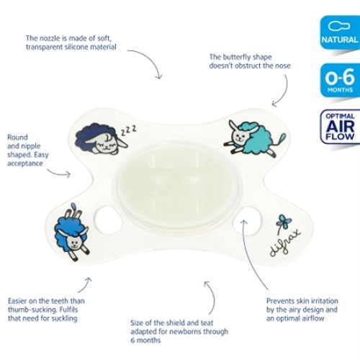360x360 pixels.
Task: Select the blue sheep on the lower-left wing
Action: [x=71, y=233]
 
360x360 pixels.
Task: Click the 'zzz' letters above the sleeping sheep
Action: [x=129, y=130]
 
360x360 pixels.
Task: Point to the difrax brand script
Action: [x=285, y=243]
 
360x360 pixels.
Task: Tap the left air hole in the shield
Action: [x=108, y=220]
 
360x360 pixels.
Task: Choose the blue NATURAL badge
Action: [x=340, y=32]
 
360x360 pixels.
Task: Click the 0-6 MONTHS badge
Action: [x=340, y=80]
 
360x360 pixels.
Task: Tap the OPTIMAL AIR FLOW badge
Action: [x=340, y=127]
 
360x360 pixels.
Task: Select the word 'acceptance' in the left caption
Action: [x=25, y=163]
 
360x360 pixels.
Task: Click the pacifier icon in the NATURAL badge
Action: [x=339, y=26]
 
